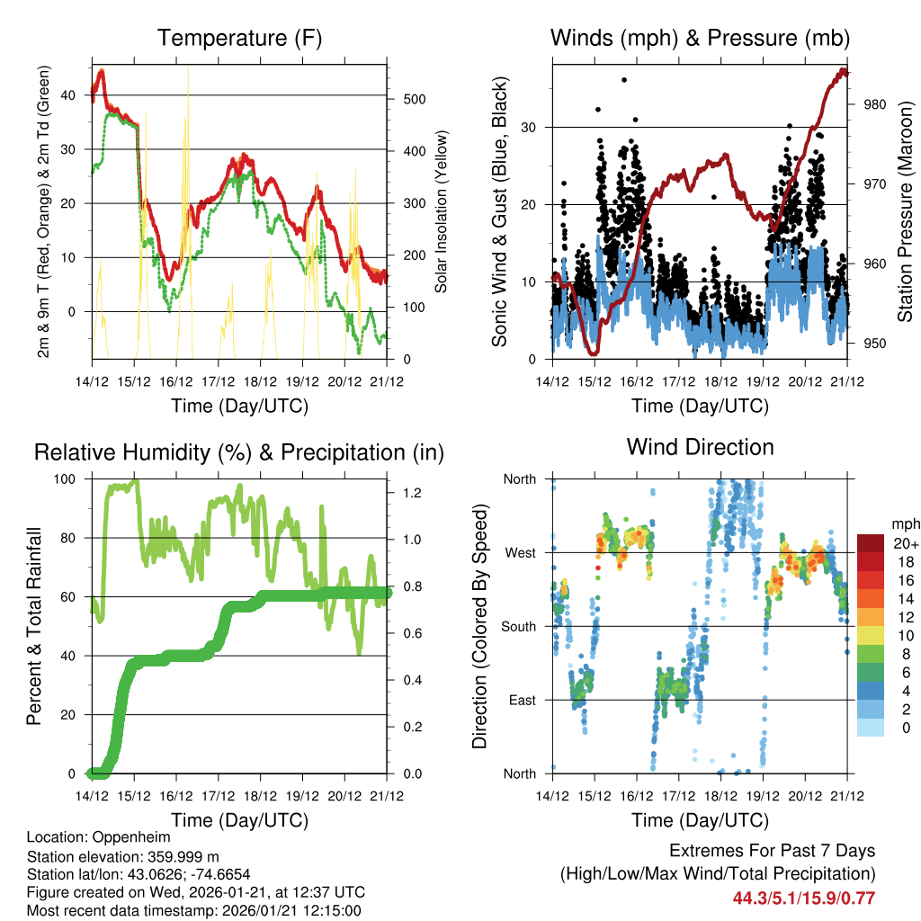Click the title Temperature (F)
coord(239,38)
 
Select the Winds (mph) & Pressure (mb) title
coord(700,38)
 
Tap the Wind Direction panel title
coord(700,446)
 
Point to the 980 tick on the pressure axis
coord(875,104)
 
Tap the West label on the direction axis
coord(521,552)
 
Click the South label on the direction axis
coord(519,626)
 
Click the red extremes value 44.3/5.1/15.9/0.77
coord(804,898)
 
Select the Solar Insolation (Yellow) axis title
coord(441,212)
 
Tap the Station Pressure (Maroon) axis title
coord(905,212)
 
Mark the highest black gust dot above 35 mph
coord(624,80)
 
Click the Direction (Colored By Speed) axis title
coord(479,626)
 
